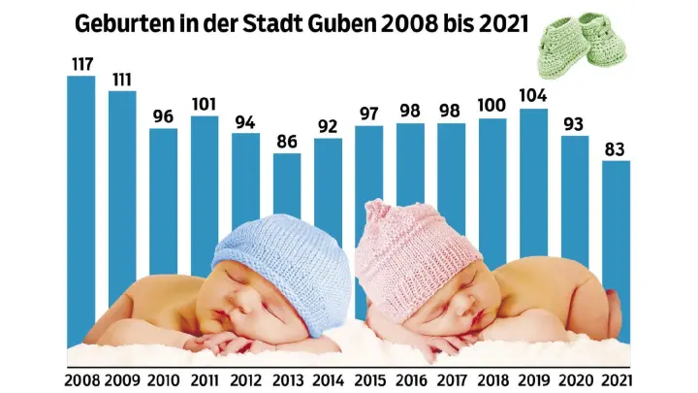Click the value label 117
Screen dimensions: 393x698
[x=81, y=64]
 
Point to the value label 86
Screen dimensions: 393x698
[x=287, y=141]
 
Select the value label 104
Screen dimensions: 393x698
[x=534, y=96]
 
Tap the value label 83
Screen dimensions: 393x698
[x=617, y=148]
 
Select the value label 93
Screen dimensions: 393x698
[x=575, y=122]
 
